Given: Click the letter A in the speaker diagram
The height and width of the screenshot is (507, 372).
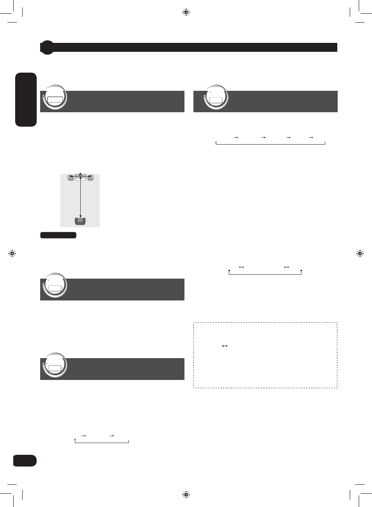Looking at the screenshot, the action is (x=80, y=174).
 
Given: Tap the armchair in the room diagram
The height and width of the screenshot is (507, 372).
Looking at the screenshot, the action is (x=80, y=221).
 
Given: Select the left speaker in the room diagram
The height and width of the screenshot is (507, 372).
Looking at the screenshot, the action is (x=70, y=177).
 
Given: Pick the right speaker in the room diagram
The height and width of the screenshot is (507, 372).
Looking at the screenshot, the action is (x=91, y=177).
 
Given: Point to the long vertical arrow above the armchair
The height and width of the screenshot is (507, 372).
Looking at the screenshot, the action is (x=80, y=197).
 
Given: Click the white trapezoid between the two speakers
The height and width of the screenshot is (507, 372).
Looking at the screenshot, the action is (x=80, y=179).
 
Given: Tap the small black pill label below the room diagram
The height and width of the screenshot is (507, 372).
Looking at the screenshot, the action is (x=58, y=235).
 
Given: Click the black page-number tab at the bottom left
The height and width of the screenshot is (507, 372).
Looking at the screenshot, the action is (x=25, y=461).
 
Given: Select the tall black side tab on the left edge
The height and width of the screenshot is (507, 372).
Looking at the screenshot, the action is (x=26, y=100).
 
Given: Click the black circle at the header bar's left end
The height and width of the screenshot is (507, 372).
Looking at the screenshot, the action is (x=47, y=47).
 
